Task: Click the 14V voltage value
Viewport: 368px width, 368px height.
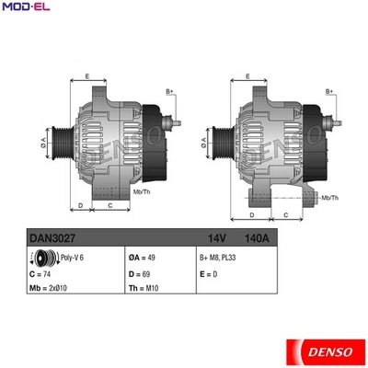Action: coord(218,237)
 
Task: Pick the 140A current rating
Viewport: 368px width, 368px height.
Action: coord(264,237)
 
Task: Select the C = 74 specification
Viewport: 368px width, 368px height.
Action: coord(40,273)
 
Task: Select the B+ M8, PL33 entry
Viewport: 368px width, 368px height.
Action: coord(219,258)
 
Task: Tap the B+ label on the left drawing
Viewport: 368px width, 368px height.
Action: coord(169,92)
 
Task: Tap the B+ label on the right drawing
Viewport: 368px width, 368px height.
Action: coord(329,92)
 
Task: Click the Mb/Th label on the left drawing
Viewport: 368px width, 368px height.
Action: coord(142,191)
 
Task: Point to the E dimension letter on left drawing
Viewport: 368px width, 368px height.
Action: coord(87,75)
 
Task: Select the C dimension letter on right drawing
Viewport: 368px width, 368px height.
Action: coord(286,214)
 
